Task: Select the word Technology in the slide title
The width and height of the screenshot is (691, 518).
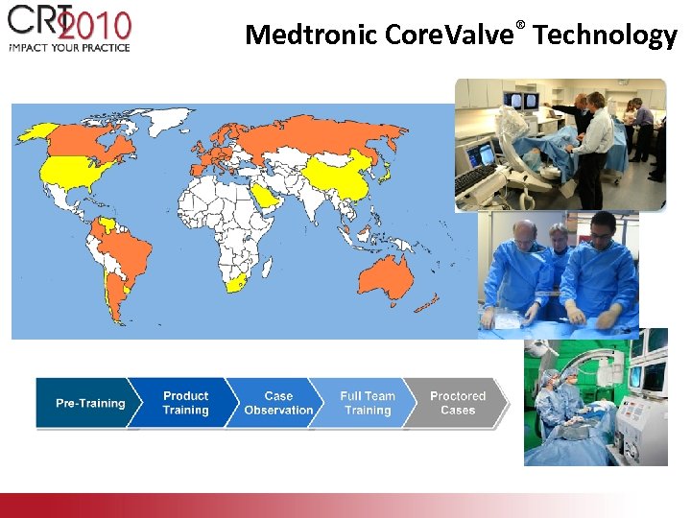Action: pyautogui.click(x=606, y=35)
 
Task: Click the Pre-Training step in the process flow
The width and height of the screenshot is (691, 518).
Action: pyautogui.click(x=88, y=403)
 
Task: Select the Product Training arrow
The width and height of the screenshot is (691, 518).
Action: pyautogui.click(x=184, y=403)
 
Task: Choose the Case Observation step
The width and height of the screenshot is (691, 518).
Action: pyautogui.click(x=277, y=403)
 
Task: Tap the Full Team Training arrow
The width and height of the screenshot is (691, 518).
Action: pyautogui.click(x=368, y=403)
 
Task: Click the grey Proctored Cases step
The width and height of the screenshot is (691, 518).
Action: pyautogui.click(x=457, y=403)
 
